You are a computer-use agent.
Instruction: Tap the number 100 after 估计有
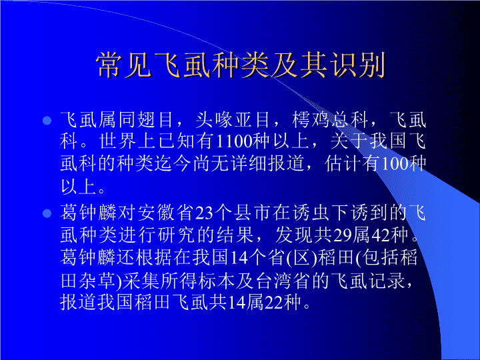click(x=395, y=163)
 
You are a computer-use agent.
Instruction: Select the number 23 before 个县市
click(x=204, y=213)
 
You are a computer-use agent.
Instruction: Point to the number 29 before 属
click(x=341, y=235)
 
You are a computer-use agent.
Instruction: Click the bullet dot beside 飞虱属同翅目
click(x=47, y=120)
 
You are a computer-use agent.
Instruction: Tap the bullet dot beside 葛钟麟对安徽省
click(x=47, y=213)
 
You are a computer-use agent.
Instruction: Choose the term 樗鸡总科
click(x=330, y=119)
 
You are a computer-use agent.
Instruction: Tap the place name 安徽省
click(x=165, y=213)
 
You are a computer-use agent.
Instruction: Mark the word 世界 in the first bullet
click(x=118, y=141)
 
